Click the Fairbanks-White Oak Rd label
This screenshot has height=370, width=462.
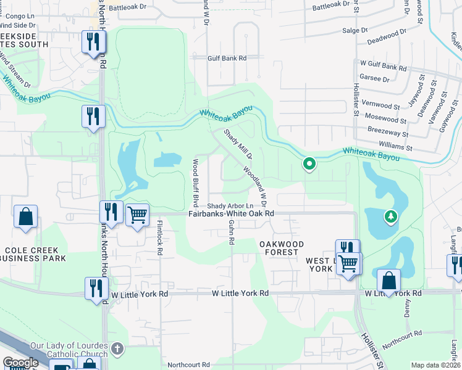pyautogui.click(x=230, y=213)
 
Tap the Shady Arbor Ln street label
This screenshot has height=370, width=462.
pyautogui.click(x=230, y=205)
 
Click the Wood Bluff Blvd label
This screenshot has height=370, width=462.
pyautogui.click(x=195, y=179)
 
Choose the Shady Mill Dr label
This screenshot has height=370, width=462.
pyautogui.click(x=233, y=144)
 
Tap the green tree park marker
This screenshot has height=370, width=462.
pyautogui.click(x=390, y=216)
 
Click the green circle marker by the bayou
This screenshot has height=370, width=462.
pyautogui.click(x=309, y=164)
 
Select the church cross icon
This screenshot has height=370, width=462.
pyautogui.click(x=119, y=350)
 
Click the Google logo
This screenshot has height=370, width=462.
pyautogui.click(x=20, y=363)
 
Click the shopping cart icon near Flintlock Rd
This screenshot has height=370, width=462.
pyautogui.click(x=137, y=216)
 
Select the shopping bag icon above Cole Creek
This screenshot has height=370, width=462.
pyautogui.click(x=26, y=218)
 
